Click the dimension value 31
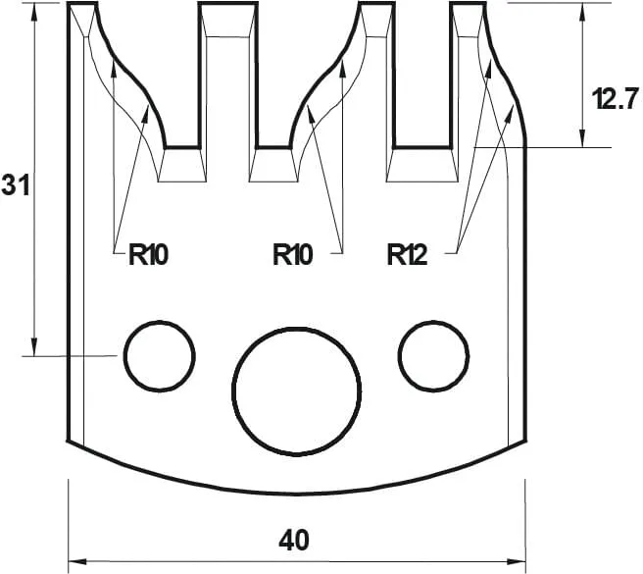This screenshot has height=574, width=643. tap(14, 184)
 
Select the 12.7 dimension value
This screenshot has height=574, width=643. tap(616, 98)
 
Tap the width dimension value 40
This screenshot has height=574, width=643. tap(294, 540)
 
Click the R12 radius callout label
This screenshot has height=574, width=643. tap(407, 256)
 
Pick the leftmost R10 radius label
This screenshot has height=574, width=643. tap(149, 256)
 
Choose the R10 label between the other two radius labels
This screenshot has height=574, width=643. tap(292, 256)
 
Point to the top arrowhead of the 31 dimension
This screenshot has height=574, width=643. tap(35, 10)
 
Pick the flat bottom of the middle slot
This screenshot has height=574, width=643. tap(274, 148)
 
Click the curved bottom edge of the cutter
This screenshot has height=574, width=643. tap(294, 488)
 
